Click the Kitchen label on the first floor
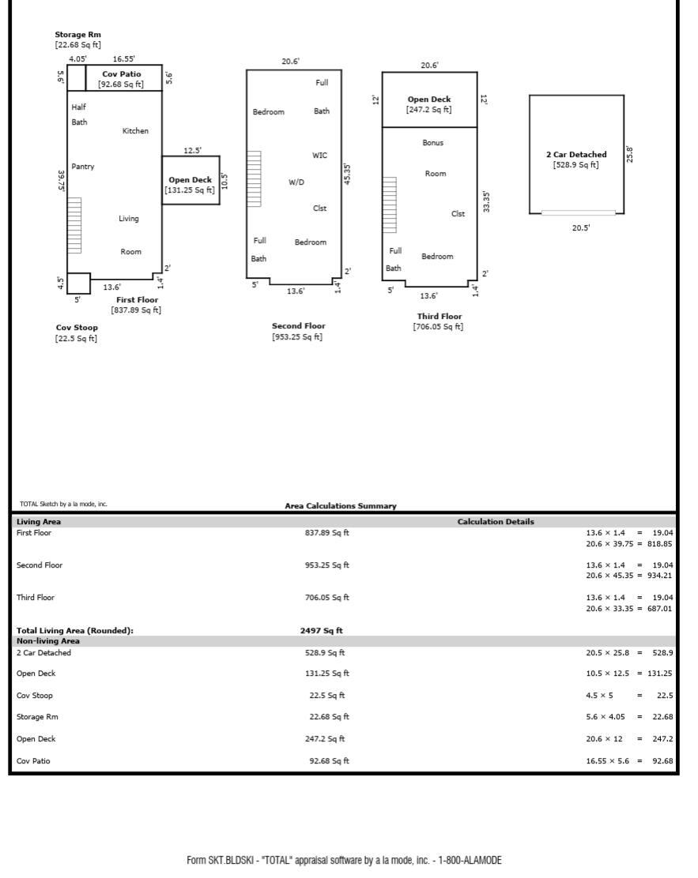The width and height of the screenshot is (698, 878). click(x=135, y=131)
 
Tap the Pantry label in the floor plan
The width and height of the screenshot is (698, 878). click(x=82, y=167)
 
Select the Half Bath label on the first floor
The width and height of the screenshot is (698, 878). click(x=79, y=114)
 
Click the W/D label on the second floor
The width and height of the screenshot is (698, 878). click(x=296, y=182)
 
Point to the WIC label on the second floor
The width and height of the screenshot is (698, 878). click(x=319, y=156)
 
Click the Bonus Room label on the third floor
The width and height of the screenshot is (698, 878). click(x=434, y=158)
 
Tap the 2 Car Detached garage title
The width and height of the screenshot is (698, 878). click(x=576, y=155)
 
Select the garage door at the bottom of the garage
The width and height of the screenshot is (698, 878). click(x=578, y=212)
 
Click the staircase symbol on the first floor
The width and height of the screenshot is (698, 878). click(x=74, y=225)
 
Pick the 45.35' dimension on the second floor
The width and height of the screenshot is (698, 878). click(x=348, y=175)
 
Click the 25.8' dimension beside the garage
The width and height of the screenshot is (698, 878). click(x=630, y=154)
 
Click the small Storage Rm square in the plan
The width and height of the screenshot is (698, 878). click(x=76, y=78)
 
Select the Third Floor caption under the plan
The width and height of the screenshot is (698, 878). click(x=439, y=317)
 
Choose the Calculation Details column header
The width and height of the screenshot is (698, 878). click(x=496, y=522)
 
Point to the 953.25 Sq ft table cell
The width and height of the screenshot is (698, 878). click(x=326, y=565)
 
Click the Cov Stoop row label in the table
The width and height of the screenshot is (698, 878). click(x=35, y=696)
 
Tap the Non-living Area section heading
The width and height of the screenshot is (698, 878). click(x=48, y=641)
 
